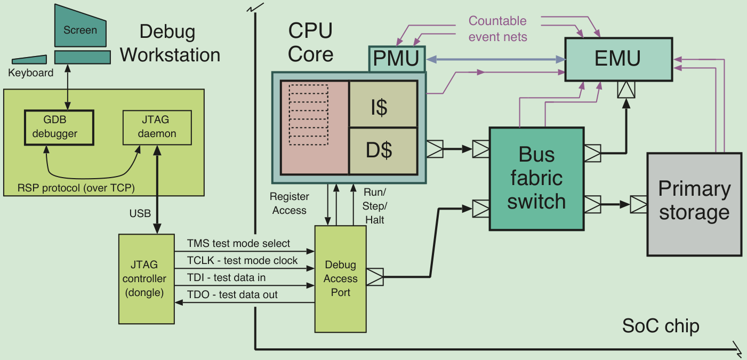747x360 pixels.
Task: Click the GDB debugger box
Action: pos(59,127)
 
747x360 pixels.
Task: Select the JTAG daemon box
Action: pos(157,127)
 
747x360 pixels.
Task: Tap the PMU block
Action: pos(397,59)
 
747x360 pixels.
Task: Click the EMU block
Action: pos(619,59)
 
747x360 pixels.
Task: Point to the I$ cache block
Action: pos(383,104)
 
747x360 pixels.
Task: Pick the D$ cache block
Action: pos(383,151)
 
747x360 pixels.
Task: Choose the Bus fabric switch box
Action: pos(536,179)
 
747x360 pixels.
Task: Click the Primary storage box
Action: pos(694,204)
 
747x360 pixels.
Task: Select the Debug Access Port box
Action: pos(341,279)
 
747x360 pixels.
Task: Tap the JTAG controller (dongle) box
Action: pos(147,279)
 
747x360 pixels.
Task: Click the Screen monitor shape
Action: pos(81,26)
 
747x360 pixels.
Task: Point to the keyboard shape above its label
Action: pos(29,60)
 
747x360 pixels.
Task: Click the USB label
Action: pos(140,213)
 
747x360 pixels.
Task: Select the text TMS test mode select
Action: pos(238,243)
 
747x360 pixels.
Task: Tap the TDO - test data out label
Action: pos(232,294)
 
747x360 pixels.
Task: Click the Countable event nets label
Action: pos(497,29)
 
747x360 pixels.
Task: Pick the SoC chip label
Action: pos(661,326)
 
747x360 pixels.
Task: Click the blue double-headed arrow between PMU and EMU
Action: pos(495,60)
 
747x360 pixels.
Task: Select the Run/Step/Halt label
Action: pos(374,206)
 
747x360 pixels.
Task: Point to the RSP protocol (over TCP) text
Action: pos(76,188)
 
